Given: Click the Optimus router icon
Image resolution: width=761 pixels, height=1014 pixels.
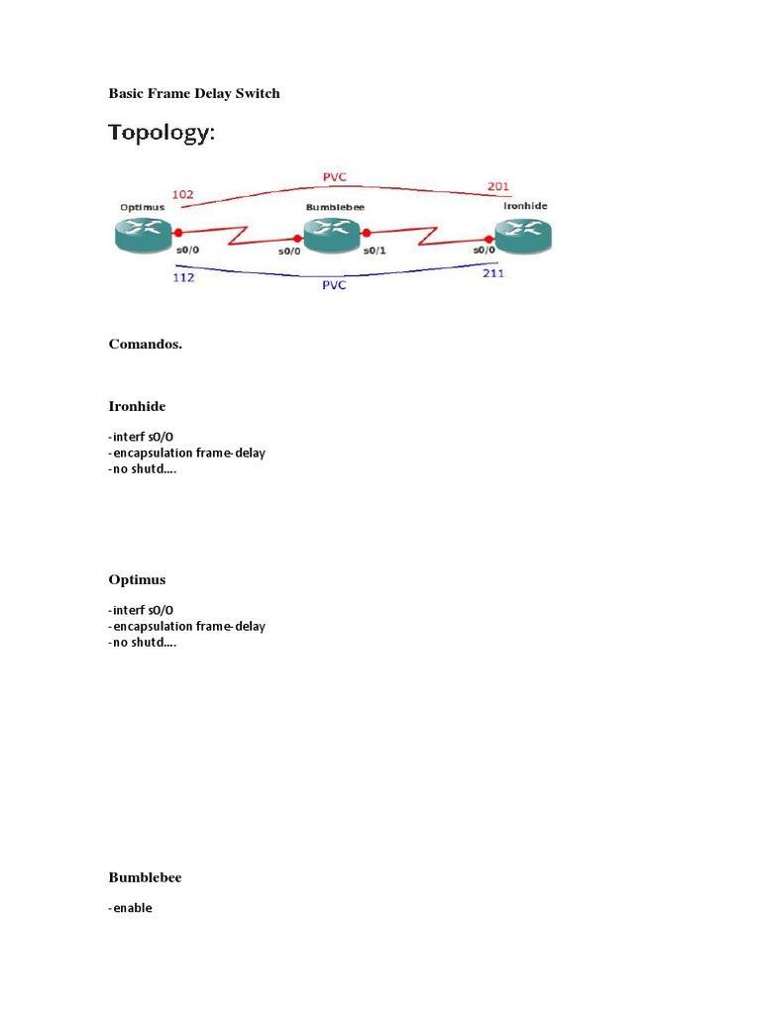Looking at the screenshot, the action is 143,235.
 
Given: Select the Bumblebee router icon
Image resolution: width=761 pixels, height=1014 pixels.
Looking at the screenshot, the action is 332,235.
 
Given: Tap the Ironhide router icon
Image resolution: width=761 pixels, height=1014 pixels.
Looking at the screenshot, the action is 523,236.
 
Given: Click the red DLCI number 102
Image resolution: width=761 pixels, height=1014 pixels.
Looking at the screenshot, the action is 182,194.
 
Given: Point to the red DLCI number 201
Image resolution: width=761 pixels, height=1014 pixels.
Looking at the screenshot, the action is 498,186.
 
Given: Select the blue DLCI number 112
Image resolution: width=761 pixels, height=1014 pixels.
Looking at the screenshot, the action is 183,277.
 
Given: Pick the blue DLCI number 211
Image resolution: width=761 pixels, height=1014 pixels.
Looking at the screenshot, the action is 493,273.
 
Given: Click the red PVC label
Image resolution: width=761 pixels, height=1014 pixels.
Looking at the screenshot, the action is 335,176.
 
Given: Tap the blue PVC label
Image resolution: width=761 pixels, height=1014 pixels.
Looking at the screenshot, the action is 334,285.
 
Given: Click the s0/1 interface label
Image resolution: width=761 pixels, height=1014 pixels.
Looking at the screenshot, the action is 375,251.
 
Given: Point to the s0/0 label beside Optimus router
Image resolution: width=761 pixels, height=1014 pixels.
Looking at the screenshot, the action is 187,250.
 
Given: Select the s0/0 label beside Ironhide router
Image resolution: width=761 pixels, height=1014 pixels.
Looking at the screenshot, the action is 484,250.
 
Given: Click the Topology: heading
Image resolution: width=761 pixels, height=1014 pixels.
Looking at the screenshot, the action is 162,133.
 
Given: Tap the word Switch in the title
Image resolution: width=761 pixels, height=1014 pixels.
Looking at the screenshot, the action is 258,93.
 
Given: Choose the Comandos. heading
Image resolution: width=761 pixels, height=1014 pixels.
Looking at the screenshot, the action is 146,344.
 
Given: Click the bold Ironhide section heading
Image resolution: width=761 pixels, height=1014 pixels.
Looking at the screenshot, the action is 137,406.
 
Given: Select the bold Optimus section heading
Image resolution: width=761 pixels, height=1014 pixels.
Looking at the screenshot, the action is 137,579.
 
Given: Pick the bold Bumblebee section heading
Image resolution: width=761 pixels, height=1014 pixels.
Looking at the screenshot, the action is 145,877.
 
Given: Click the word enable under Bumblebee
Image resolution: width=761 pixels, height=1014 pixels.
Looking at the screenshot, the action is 133,908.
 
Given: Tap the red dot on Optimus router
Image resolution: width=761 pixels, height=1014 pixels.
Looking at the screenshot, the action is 178,232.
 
